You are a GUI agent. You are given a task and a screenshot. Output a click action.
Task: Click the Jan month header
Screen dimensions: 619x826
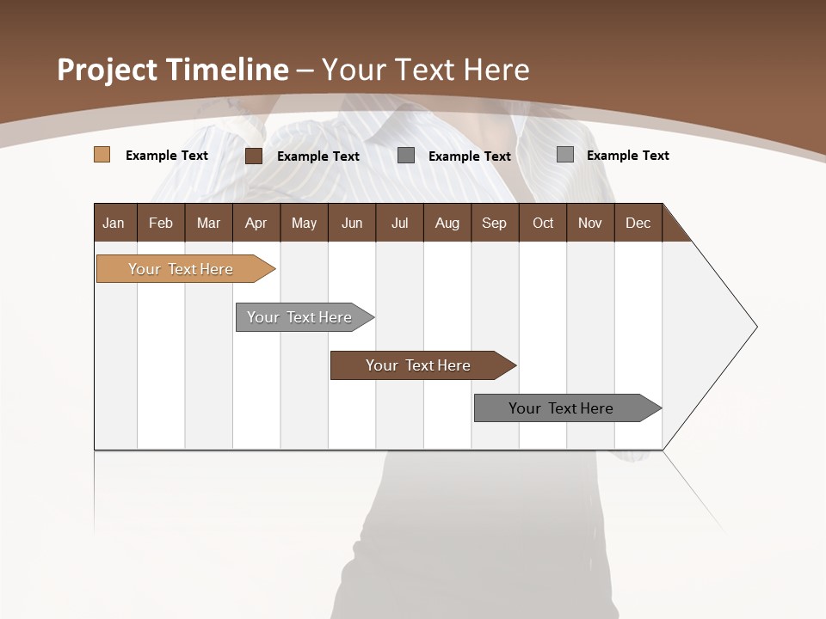114,223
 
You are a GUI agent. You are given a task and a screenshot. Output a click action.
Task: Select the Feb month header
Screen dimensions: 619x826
161,223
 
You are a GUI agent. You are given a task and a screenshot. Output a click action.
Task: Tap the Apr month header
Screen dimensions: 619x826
256,223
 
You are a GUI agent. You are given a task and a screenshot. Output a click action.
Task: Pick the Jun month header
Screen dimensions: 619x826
352,223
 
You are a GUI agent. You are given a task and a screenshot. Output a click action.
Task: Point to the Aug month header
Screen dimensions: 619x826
447,223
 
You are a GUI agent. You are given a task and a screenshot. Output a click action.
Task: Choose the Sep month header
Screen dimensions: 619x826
494,223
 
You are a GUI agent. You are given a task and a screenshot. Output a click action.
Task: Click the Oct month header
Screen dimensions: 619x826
543,223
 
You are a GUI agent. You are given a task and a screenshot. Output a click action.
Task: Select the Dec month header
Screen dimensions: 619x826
638,223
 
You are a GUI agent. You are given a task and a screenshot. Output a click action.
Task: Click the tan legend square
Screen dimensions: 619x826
102,155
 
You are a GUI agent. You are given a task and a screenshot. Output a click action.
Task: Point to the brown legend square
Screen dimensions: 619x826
254,156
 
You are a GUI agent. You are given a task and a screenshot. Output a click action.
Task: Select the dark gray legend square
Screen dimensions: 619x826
406,155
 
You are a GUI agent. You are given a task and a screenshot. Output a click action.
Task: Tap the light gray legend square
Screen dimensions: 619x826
565,155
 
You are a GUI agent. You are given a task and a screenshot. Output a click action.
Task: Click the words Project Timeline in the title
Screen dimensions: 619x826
173,70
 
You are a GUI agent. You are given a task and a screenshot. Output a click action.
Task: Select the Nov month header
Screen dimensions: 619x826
589,223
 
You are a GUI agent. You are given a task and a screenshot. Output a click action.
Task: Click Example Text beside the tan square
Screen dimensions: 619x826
167,156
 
